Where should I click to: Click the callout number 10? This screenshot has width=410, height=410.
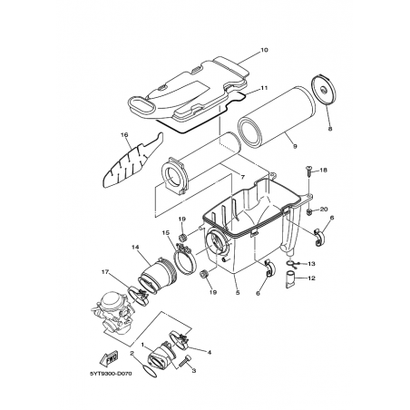tap(264, 50)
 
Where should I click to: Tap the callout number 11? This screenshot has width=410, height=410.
tap(264, 88)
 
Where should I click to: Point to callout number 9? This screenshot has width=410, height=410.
tap(295, 146)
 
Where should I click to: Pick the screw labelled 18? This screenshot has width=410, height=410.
tap(309, 171)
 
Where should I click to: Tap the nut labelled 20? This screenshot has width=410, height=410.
tap(309, 211)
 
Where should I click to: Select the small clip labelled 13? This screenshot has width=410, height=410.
tap(293, 264)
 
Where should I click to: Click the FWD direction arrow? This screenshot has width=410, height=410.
tap(108, 359)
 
